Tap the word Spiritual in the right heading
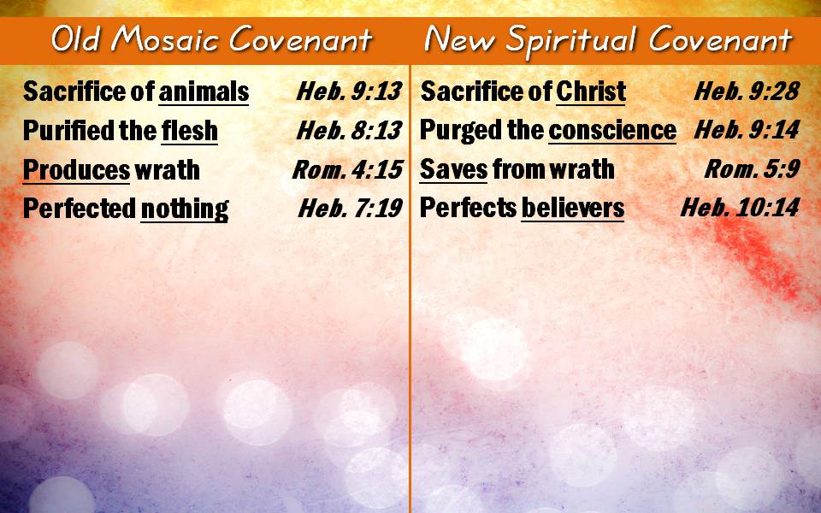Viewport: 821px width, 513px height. click(571, 41)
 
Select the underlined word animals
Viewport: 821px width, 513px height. click(204, 91)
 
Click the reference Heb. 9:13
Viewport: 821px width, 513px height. click(349, 91)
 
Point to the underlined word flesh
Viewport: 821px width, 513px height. click(190, 130)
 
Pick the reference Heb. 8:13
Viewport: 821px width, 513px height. click(349, 130)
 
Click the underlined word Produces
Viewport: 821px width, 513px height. click(76, 170)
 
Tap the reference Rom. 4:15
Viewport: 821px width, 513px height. click(348, 169)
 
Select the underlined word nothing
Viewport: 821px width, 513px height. click(185, 209)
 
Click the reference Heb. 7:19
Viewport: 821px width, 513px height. click(350, 209)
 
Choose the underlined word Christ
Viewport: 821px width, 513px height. click(591, 91)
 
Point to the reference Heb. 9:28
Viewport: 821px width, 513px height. click(747, 91)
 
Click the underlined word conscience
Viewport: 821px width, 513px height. click(612, 130)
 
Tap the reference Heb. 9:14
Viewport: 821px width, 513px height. click(747, 130)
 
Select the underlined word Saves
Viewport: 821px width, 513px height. click(453, 169)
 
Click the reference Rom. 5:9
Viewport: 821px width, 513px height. click(752, 169)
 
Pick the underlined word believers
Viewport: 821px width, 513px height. click(573, 209)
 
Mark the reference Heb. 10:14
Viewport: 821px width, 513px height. click(740, 208)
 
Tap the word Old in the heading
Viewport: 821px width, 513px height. click(75, 39)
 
